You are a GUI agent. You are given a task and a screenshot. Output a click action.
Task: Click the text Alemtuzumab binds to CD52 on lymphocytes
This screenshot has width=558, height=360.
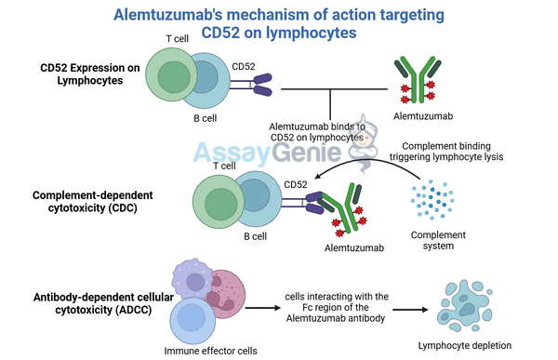pyautogui.click(x=316, y=131)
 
